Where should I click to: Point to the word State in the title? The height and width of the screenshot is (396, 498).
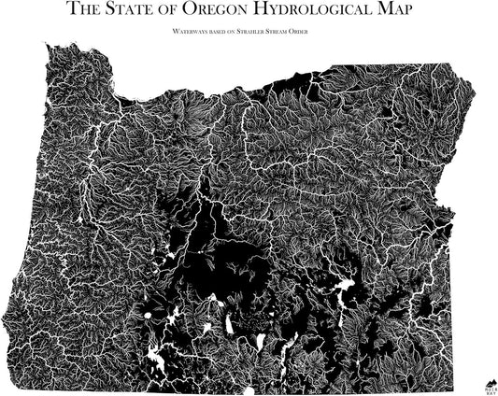(133, 11)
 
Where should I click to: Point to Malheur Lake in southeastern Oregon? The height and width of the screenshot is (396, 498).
(346, 285)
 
